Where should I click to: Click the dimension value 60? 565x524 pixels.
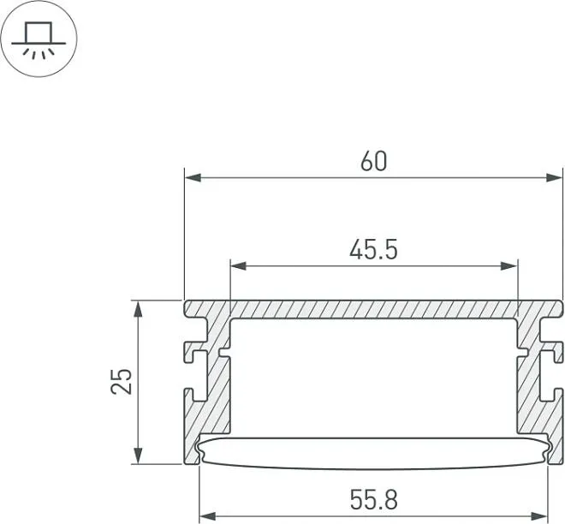[x=373, y=161]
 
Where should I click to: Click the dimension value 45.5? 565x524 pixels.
[x=373, y=249]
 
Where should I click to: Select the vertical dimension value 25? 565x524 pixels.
[x=122, y=381]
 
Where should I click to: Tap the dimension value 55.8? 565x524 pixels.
[x=373, y=500]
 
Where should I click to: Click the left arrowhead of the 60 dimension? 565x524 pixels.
[x=193, y=177]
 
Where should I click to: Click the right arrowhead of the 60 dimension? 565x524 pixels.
[x=554, y=177]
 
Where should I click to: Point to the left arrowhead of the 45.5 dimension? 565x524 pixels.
[x=238, y=266]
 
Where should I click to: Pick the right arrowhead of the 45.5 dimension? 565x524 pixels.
[x=509, y=266]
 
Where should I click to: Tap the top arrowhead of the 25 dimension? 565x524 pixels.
[x=138, y=308]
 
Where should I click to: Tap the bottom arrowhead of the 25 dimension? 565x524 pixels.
[x=138, y=456]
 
